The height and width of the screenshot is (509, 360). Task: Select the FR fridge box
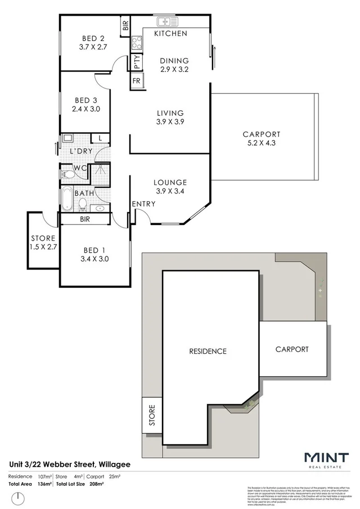(x=137, y=81)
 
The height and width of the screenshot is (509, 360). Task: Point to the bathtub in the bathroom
(x=67, y=199)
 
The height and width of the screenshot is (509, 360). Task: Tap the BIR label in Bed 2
(x=125, y=25)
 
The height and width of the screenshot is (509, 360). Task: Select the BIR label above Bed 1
(x=85, y=219)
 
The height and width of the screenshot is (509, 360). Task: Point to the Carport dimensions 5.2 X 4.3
(x=261, y=143)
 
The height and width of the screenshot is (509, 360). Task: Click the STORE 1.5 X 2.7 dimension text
(x=43, y=246)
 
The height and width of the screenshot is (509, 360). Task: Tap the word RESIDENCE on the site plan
(x=208, y=351)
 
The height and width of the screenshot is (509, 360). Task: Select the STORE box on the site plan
(x=151, y=415)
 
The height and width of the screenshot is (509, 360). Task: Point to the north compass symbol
(x=18, y=497)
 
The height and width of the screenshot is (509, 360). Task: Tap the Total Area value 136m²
(x=44, y=484)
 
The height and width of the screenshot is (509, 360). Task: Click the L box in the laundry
(x=100, y=138)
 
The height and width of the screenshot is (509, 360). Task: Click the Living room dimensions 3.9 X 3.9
(x=170, y=121)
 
